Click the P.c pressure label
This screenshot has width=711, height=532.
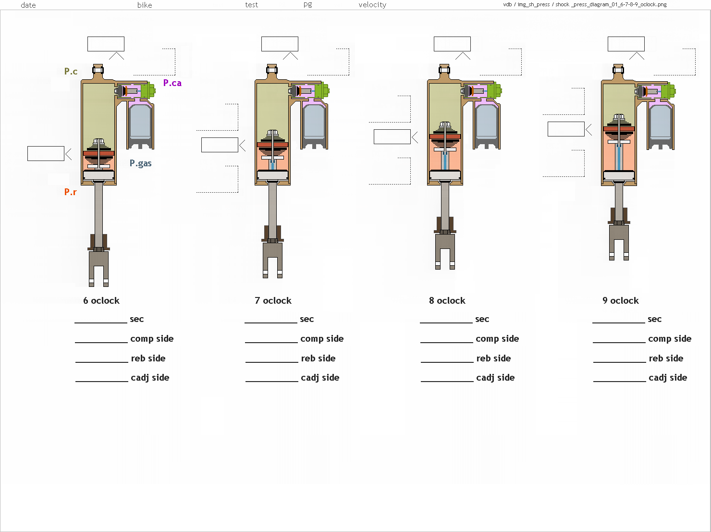click(71, 71)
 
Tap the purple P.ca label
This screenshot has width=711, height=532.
click(172, 83)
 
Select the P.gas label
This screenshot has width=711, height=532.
click(141, 163)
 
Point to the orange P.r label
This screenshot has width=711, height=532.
click(70, 192)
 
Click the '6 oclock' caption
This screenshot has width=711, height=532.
click(101, 301)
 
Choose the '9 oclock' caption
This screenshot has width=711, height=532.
click(621, 301)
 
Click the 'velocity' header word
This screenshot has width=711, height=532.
click(372, 5)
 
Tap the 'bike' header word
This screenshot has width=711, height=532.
click(145, 5)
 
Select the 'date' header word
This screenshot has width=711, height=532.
click(28, 5)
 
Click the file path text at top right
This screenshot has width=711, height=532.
click(585, 4)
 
